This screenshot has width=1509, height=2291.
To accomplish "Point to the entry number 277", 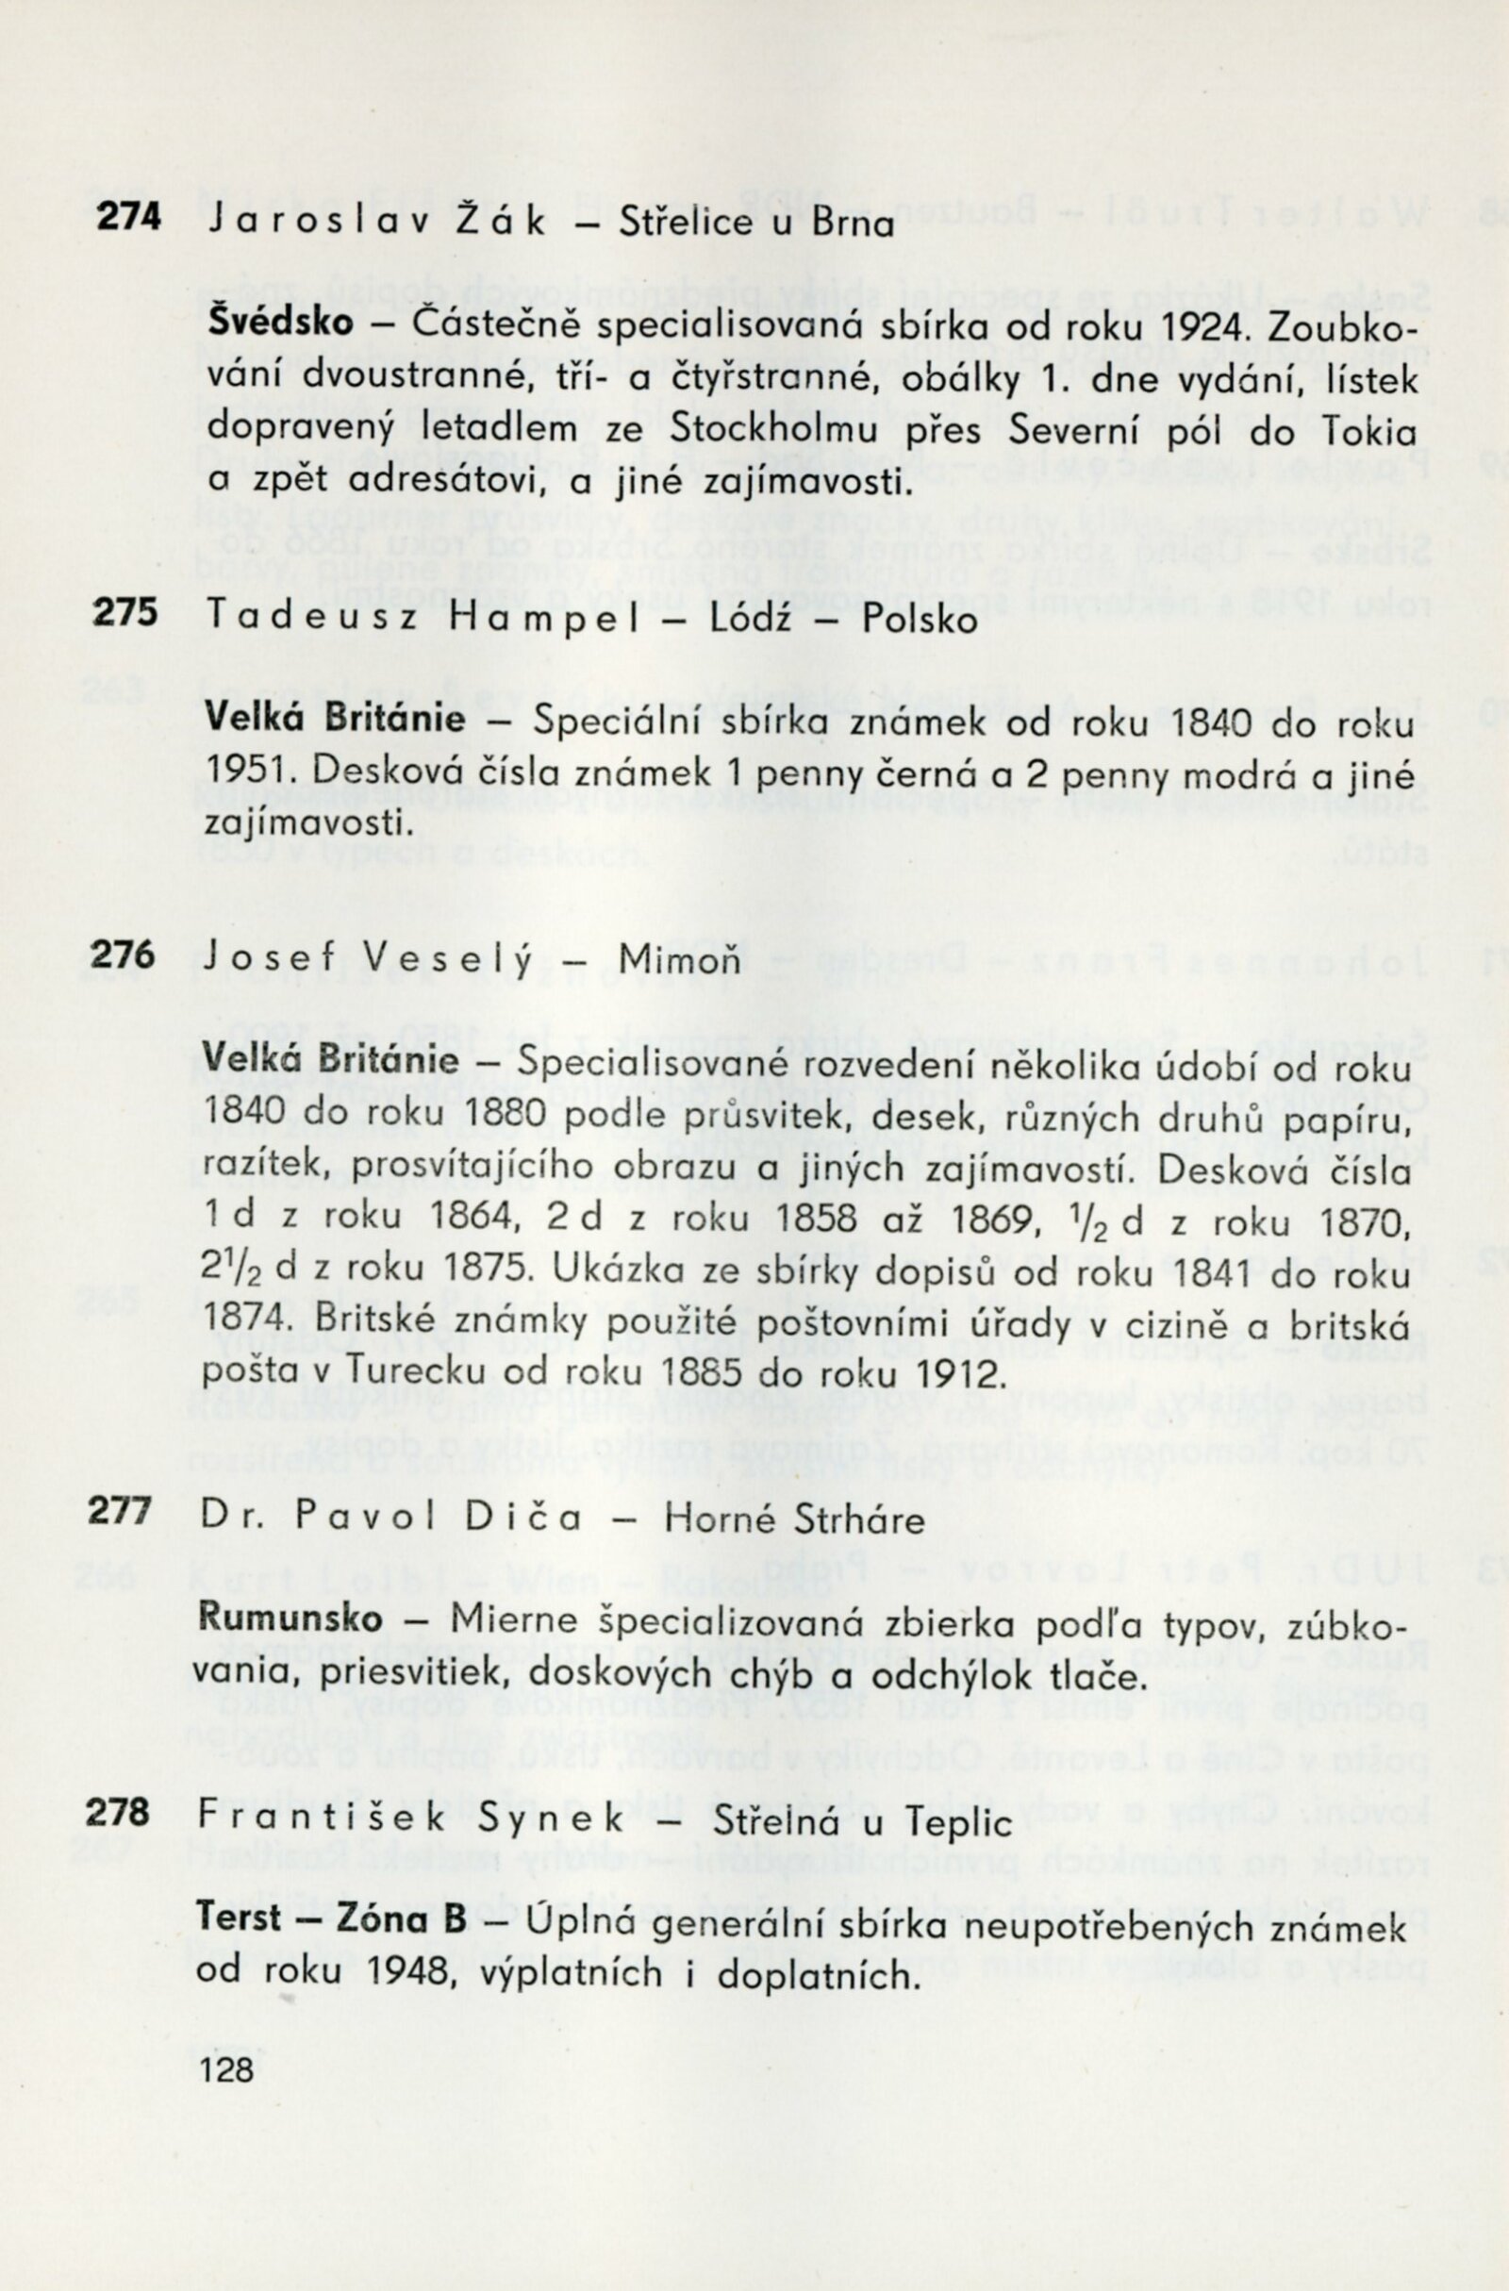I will click(119, 1510).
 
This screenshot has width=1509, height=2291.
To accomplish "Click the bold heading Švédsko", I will click(280, 324).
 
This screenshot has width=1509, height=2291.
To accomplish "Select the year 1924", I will click(1193, 326).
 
